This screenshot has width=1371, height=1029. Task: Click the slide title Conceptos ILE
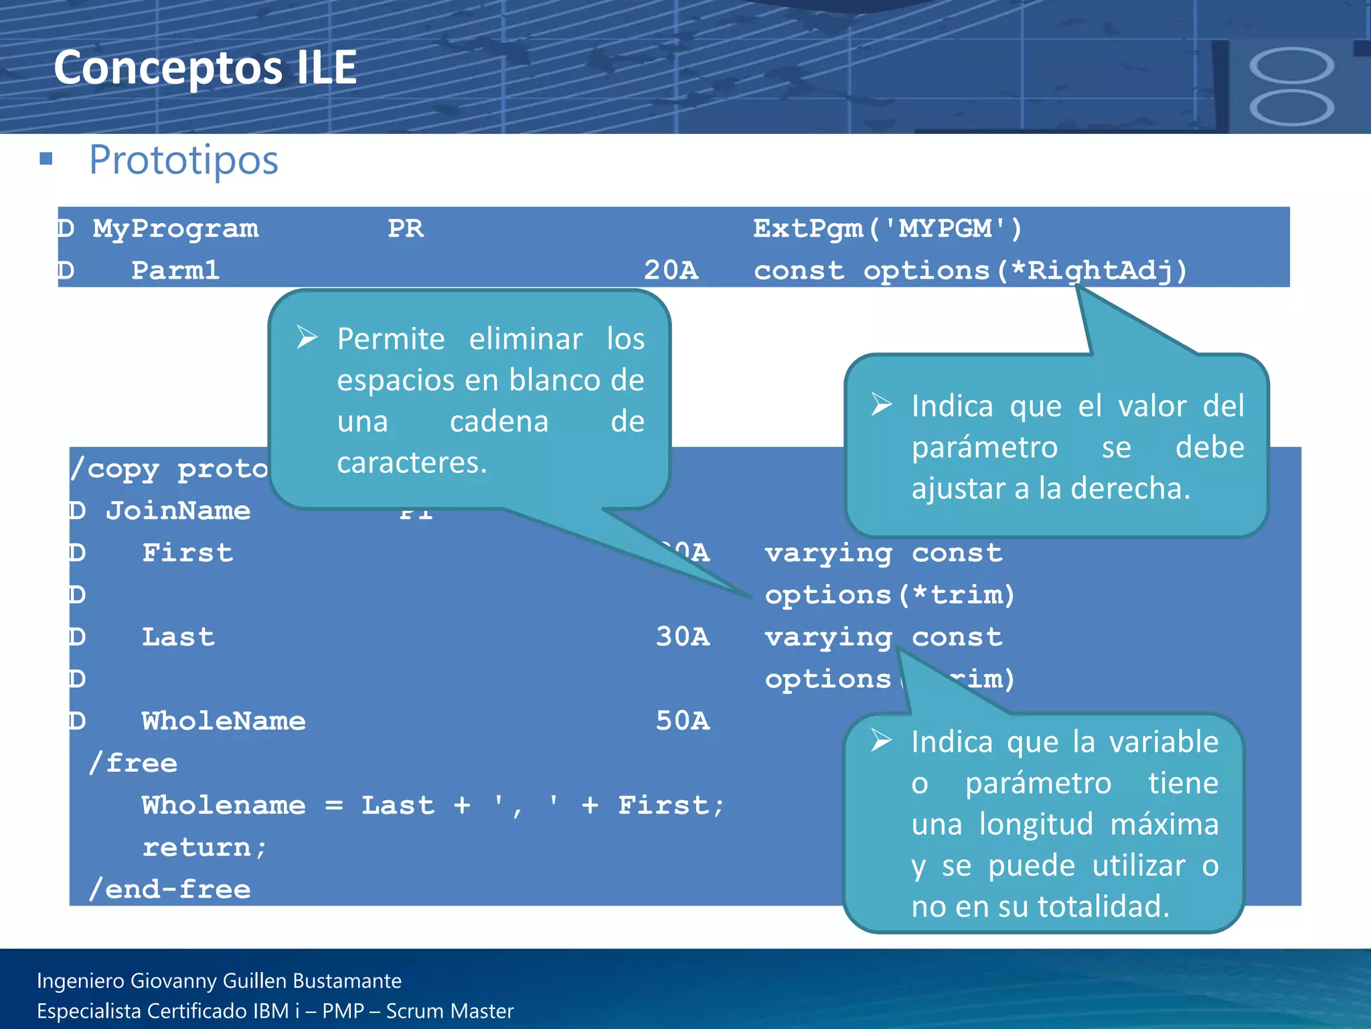(x=205, y=68)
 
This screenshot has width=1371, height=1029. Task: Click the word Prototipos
(x=183, y=160)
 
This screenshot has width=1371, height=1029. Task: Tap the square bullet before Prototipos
(x=46, y=159)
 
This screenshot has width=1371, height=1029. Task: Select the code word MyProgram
(x=175, y=229)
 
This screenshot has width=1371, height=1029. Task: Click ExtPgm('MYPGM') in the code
(x=888, y=229)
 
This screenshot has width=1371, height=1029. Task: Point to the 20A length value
(x=671, y=271)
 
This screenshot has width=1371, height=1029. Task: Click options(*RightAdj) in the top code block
(x=1024, y=271)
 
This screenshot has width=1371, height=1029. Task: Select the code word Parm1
(x=175, y=271)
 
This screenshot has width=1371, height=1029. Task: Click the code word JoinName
(x=178, y=511)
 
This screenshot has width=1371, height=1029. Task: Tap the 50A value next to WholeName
(x=682, y=721)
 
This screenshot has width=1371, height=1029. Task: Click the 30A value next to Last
(x=682, y=637)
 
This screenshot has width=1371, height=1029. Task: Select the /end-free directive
(x=170, y=890)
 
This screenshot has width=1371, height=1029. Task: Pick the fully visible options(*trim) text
(x=890, y=595)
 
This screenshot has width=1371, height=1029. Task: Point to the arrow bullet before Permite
(x=307, y=338)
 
